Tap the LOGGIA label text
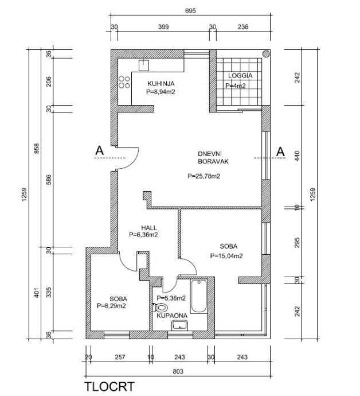pyautogui.click(x=240, y=76)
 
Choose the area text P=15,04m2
pyautogui.click(x=226, y=256)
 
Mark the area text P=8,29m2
pyautogui.click(x=111, y=306)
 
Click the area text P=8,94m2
pyautogui.click(x=160, y=91)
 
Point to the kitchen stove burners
pyautogui.click(x=123, y=83)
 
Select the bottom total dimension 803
pyautogui.click(x=178, y=372)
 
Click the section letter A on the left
pyautogui.click(x=99, y=151)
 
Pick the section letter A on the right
pyautogui.click(x=280, y=151)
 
